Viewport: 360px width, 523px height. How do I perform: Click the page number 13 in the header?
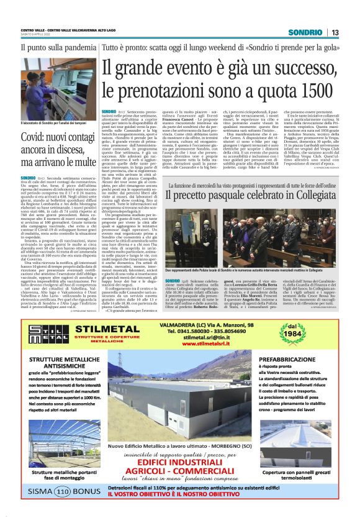[x=335, y=32]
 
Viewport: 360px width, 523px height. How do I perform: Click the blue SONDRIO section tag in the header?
[x=308, y=32]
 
